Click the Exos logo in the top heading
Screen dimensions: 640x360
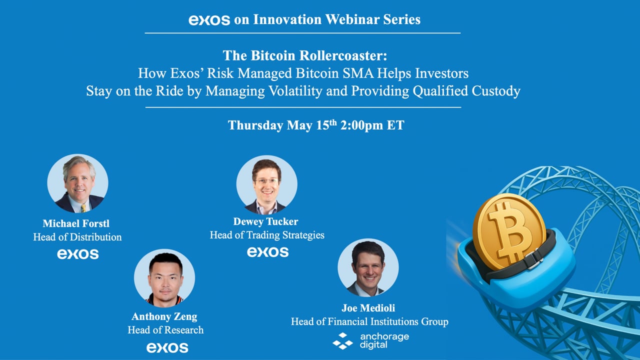pos(209,20)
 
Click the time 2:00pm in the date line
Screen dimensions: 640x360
pos(361,125)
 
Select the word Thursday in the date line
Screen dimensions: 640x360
pos(255,125)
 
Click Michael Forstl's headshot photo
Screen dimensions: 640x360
pos(77,183)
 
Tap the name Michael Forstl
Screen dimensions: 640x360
pos(76,223)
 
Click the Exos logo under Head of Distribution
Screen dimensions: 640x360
pos(77,253)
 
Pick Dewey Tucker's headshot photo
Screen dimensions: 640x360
pos(267,185)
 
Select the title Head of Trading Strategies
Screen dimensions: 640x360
pos(267,235)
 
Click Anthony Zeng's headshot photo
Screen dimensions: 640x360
pos(164,278)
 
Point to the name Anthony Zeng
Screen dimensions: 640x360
pos(164,316)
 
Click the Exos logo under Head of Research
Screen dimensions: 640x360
pos(167,347)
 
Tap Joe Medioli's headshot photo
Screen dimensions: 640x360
pos(368,267)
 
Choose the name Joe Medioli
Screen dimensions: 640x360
pos(368,308)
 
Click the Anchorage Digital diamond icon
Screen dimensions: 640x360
pos(342,341)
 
